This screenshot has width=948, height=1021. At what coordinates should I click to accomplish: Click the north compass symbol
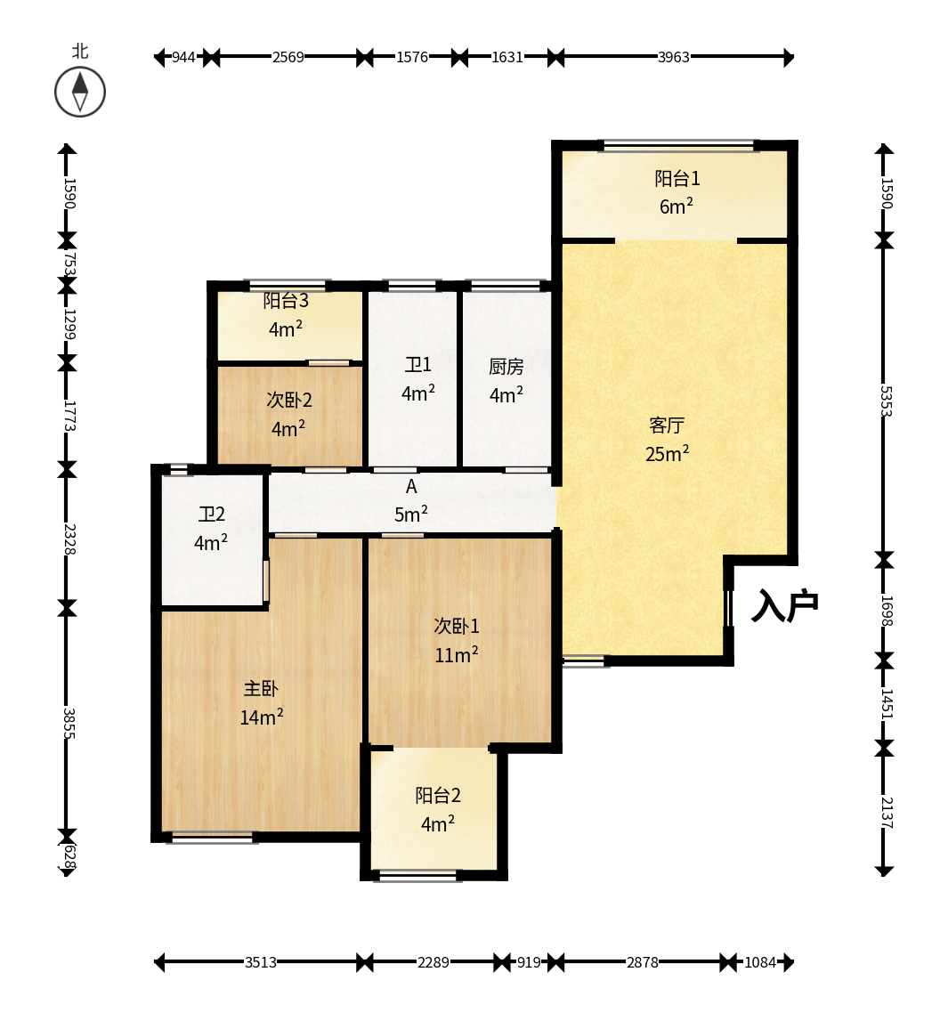click(80, 92)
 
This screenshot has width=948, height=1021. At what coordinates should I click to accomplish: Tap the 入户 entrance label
click(784, 606)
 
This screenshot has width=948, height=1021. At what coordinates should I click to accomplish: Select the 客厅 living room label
click(667, 425)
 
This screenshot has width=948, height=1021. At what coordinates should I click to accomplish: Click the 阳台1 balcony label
click(677, 178)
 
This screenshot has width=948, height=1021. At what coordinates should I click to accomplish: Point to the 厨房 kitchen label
click(506, 367)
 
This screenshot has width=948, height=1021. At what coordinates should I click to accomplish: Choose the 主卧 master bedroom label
click(262, 688)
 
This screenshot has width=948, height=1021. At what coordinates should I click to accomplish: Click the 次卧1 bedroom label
click(457, 626)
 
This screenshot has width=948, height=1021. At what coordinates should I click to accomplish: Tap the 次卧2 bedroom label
click(289, 400)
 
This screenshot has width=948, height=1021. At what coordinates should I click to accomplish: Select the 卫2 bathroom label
click(212, 515)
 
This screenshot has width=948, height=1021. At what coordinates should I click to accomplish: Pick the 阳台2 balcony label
click(438, 795)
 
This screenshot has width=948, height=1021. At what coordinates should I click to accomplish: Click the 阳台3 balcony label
click(286, 301)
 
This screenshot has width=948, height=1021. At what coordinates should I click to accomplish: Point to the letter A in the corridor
click(411, 486)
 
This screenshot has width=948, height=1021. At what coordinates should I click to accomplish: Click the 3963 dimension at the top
click(673, 57)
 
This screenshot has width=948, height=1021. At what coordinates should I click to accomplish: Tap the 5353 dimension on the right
click(886, 401)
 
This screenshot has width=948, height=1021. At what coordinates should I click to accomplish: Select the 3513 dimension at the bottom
click(261, 962)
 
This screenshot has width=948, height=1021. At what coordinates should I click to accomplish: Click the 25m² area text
click(667, 453)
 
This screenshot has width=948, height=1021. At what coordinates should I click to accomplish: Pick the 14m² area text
click(262, 717)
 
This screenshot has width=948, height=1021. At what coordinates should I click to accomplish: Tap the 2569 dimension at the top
click(288, 57)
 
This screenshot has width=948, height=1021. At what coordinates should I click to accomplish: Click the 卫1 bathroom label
click(418, 365)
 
